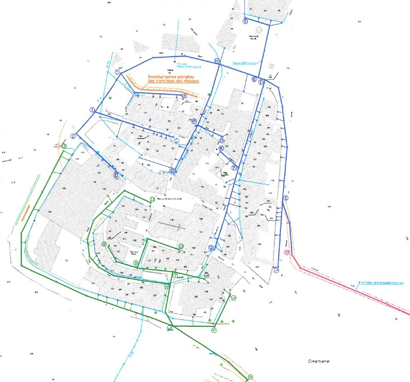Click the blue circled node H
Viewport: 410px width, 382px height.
(x=217, y=61)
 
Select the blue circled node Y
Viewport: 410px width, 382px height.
(x=117, y=72)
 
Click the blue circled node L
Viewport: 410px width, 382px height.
(x=177, y=141)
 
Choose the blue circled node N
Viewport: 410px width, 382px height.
(x=172, y=171)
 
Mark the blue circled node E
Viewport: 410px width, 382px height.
(x=286, y=198)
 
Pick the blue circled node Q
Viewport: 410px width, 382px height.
(x=211, y=248)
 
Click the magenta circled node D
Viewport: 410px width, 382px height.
(x=287, y=252)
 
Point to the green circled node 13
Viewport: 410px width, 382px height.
(x=181, y=246)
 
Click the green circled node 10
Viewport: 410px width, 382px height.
(x=104, y=244)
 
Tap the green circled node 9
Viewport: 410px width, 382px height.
(x=135, y=263)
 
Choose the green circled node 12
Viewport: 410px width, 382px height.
(x=64, y=146)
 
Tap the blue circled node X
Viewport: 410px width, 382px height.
(x=184, y=96)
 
